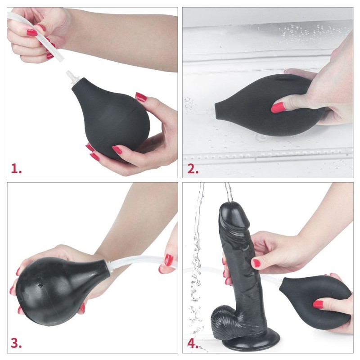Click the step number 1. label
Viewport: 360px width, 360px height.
(16, 169)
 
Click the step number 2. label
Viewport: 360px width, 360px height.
(193, 169)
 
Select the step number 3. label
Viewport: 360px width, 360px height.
(16, 343)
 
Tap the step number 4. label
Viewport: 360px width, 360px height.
(193, 343)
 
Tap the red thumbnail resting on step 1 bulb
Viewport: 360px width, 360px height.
(141, 97)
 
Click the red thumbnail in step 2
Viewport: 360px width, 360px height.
(278, 107)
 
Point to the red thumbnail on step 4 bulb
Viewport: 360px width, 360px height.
(318, 304)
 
